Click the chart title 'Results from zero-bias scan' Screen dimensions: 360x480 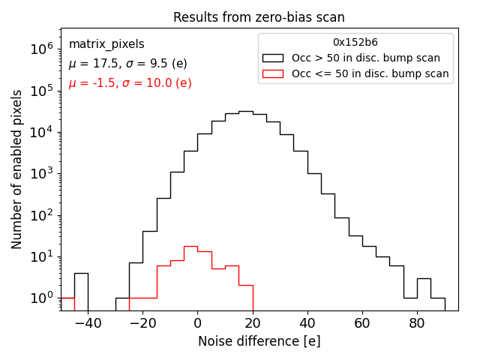259,17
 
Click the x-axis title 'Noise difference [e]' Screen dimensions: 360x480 259,341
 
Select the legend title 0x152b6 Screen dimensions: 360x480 355,42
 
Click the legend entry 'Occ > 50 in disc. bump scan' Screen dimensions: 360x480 366,58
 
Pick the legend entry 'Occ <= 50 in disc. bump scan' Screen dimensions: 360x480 370,73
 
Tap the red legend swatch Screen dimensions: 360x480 273,73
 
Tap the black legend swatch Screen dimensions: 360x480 273,58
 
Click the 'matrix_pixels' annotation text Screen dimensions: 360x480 106,44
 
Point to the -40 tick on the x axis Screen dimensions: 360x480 87,323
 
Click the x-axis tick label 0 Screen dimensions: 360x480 197,323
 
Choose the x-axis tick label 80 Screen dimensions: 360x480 417,323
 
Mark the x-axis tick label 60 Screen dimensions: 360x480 362,323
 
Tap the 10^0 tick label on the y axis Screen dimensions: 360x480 41,298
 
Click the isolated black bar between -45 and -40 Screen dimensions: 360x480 81,289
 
